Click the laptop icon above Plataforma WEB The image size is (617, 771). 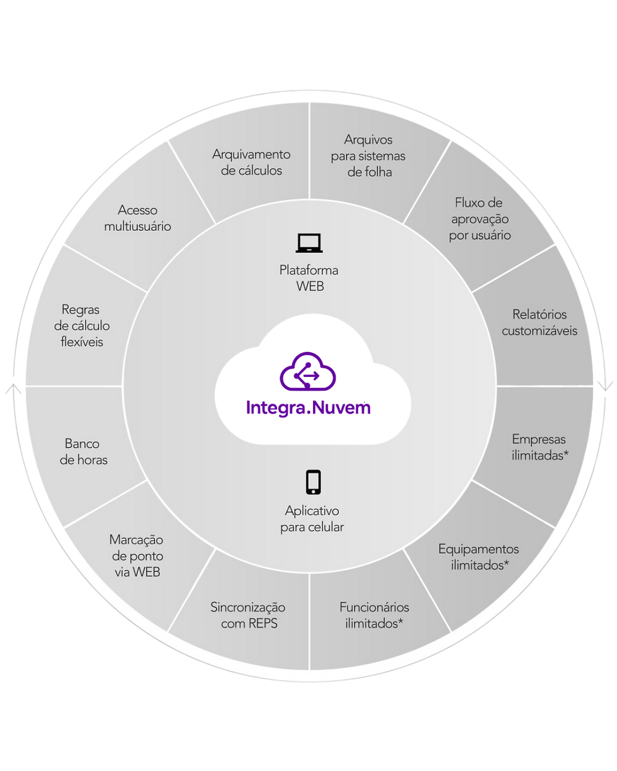click(x=308, y=244)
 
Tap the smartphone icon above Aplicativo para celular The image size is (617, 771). click(x=314, y=482)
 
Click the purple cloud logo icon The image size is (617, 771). click(x=308, y=371)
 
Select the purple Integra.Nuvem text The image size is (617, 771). click(x=308, y=408)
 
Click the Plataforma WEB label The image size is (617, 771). click(x=308, y=278)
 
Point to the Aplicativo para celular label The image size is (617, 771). click(x=312, y=519)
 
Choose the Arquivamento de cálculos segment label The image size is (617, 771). click(x=251, y=162)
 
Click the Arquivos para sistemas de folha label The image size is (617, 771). click(x=368, y=156)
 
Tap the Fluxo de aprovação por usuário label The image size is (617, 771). click(x=479, y=219)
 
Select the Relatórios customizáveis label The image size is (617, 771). click(x=539, y=322)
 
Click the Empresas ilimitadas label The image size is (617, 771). click(x=540, y=447)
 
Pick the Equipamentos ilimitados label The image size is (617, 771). click(x=478, y=557)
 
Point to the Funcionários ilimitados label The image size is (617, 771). click(x=374, y=615)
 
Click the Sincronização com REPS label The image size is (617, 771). click(x=248, y=615)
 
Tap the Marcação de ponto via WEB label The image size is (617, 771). click(x=137, y=556)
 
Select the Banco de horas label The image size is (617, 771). click(x=83, y=451)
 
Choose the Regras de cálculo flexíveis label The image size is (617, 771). click(x=82, y=325)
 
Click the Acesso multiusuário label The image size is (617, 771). click(x=137, y=218)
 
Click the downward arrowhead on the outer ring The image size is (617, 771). click(x=605, y=386)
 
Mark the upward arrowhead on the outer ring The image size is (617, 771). click(x=14, y=389)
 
